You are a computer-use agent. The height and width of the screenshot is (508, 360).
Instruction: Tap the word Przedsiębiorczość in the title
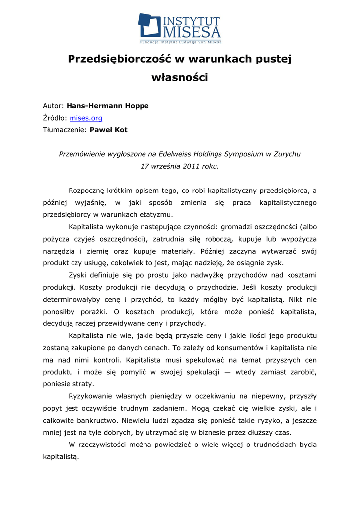pyautogui.click(x=119, y=59)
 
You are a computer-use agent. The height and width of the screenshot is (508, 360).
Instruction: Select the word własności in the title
pyautogui.click(x=179, y=78)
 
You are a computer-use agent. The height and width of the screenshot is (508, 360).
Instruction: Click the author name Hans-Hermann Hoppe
pyautogui.click(x=107, y=106)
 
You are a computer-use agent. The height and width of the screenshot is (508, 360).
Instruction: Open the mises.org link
pyautogui.click(x=86, y=118)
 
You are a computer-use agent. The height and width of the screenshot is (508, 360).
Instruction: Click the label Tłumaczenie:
pyautogui.click(x=65, y=130)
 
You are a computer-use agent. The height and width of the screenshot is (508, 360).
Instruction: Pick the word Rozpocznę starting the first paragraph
pyautogui.click(x=87, y=190)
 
